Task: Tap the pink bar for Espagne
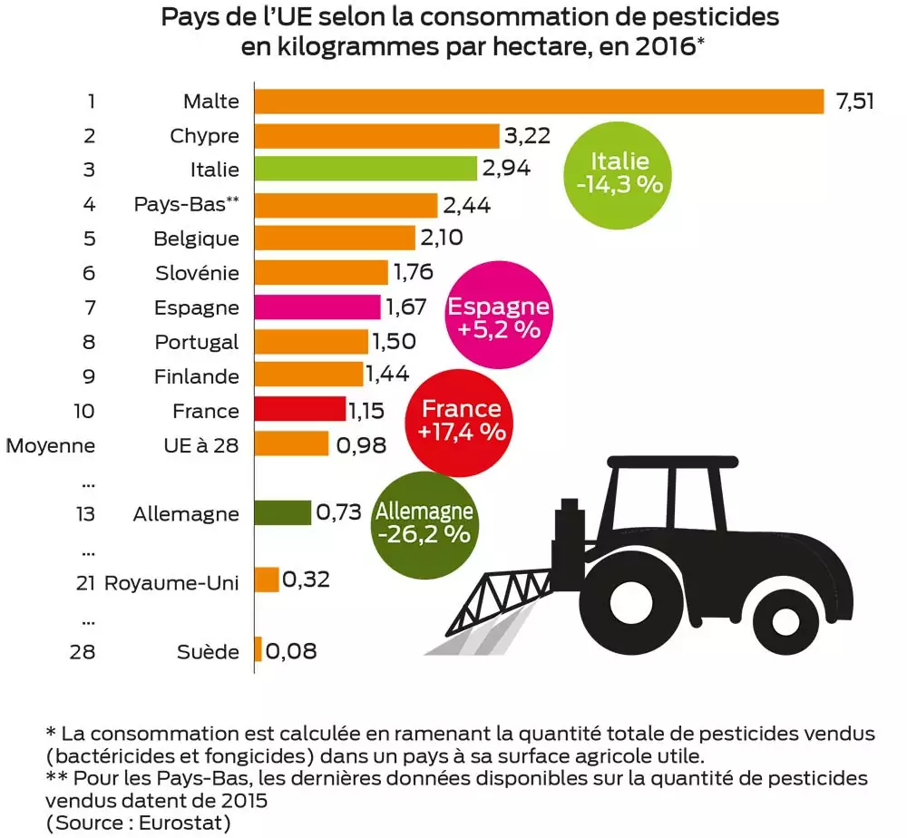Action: [x=317, y=307]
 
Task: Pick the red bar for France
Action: [x=300, y=410]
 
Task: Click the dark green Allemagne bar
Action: [x=282, y=513]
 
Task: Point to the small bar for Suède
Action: [x=258, y=650]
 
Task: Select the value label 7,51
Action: [x=853, y=101]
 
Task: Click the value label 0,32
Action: [x=306, y=580]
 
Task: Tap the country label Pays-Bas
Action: [x=180, y=204]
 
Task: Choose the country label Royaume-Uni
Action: [x=172, y=582]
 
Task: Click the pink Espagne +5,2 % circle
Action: [x=498, y=317]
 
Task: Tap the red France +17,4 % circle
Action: [x=462, y=420]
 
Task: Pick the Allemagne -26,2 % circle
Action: [x=424, y=522]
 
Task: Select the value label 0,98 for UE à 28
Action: [x=360, y=445]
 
